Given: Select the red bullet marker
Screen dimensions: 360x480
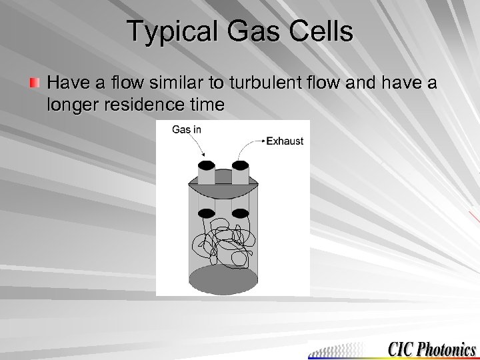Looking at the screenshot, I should [34, 83].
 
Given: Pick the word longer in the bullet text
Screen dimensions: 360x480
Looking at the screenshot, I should [72, 105].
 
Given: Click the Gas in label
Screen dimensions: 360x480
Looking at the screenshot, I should [186, 129].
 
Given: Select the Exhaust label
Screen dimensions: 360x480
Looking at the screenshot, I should [285, 141].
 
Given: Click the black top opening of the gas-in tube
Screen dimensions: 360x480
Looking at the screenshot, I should [207, 165].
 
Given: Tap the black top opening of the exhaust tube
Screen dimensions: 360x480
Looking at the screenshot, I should [241, 165].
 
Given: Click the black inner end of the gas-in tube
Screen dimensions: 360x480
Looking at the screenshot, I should [207, 213].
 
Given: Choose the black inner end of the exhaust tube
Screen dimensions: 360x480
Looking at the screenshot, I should [241, 213].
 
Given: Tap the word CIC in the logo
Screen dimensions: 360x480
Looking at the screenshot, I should [401, 349].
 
